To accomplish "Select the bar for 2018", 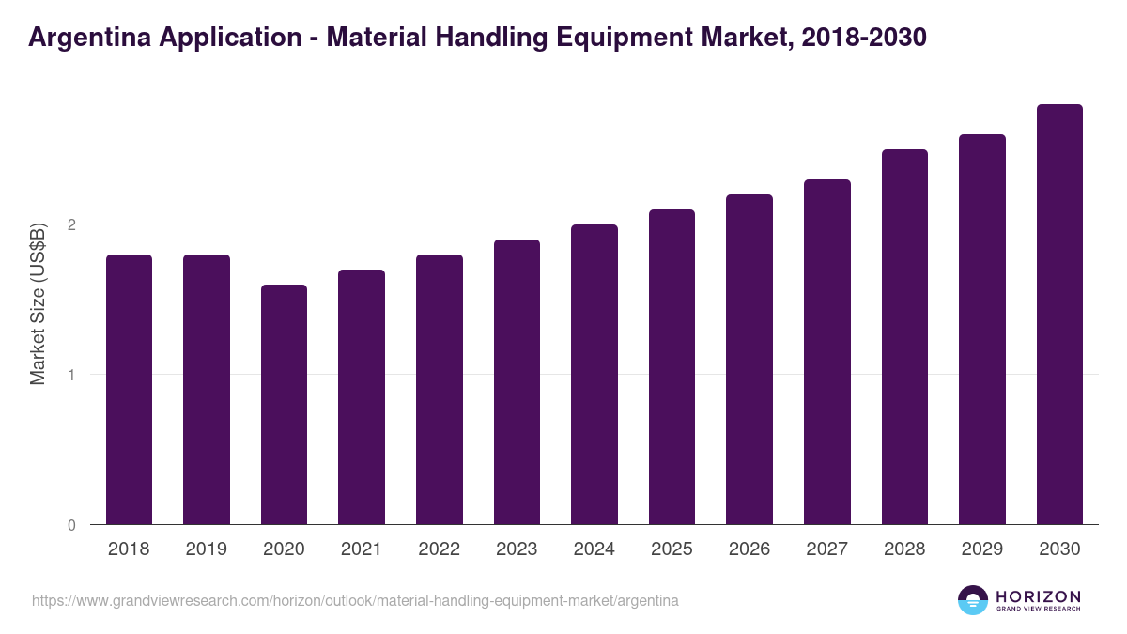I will click(x=129, y=390).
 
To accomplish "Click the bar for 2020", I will click(x=284, y=405).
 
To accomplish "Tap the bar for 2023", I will click(x=517, y=382).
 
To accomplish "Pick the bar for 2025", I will click(x=672, y=367).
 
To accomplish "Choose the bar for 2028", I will click(x=904, y=337).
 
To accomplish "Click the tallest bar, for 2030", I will click(x=1059, y=315).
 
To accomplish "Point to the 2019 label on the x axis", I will click(x=207, y=549).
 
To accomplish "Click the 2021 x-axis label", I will click(x=362, y=549).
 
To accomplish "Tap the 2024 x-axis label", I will click(x=594, y=549).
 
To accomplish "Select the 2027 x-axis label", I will click(x=827, y=549).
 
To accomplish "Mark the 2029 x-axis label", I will click(x=982, y=549).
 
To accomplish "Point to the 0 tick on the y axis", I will click(x=71, y=525).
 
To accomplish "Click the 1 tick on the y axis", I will click(x=71, y=375).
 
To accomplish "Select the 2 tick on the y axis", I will click(x=71, y=224).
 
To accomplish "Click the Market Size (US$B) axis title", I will click(x=38, y=305).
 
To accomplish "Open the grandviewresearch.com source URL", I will click(x=355, y=600).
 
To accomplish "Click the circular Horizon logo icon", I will click(x=972, y=600).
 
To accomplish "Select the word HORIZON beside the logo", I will click(x=1038, y=596).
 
